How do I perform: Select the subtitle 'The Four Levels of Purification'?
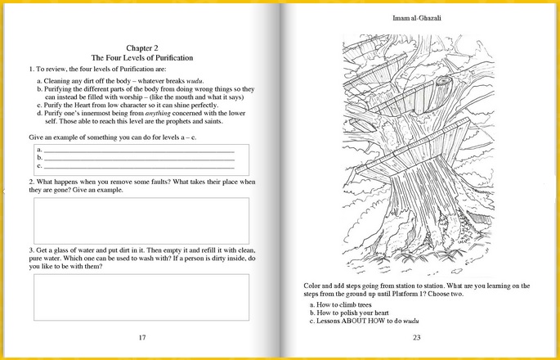(x=141, y=59)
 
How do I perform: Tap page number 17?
(x=141, y=337)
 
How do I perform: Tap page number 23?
(x=416, y=337)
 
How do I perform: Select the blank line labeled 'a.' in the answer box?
(x=139, y=151)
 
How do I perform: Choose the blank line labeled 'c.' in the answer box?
(x=139, y=166)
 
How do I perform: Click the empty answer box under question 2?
(x=141, y=220)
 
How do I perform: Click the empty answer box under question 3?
(x=141, y=297)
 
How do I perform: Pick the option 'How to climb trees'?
(x=344, y=304)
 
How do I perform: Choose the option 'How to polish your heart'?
(x=352, y=313)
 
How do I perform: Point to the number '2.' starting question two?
(x=31, y=181)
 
